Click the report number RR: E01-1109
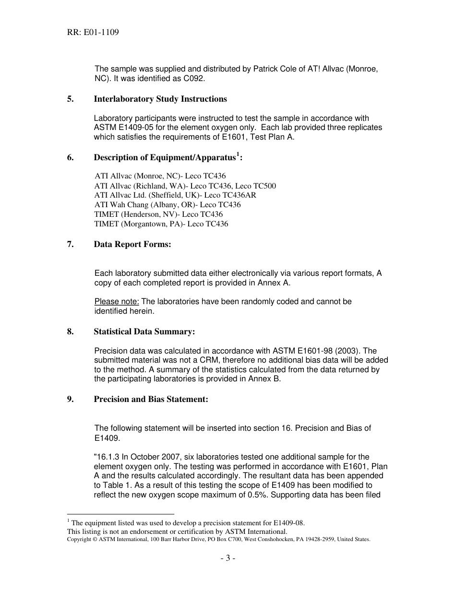pos(93,33)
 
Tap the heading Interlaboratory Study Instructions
pos(160,99)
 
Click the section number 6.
pos(70,157)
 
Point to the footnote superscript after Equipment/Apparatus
pos(238,154)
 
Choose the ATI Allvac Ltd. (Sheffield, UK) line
pos(175,195)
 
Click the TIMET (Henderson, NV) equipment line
pos(158,214)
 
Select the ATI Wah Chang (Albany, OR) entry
pos(168,205)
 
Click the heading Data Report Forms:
pos(132,245)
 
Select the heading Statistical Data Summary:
pos(144,332)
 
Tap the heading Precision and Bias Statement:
pos(151,399)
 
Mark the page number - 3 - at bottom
pos(228,558)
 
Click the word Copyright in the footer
pos(78,539)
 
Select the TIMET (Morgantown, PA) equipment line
pos(161,224)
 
